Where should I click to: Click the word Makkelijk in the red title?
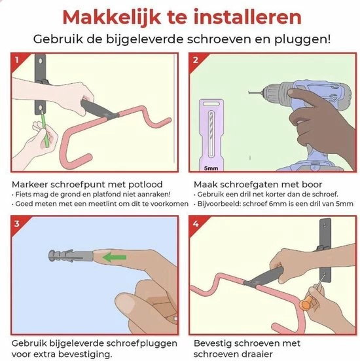point(111,17)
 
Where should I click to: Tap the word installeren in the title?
point(247,16)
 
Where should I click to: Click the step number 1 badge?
point(17,60)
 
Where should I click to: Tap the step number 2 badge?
point(195,60)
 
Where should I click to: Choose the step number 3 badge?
point(17,223)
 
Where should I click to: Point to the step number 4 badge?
point(196,223)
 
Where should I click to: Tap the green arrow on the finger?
point(115,257)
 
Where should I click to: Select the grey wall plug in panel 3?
point(71,256)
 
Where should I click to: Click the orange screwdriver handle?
point(305,303)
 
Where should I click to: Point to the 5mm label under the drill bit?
point(211,168)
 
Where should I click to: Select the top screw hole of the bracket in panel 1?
point(41,61)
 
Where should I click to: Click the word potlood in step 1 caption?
point(145,185)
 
